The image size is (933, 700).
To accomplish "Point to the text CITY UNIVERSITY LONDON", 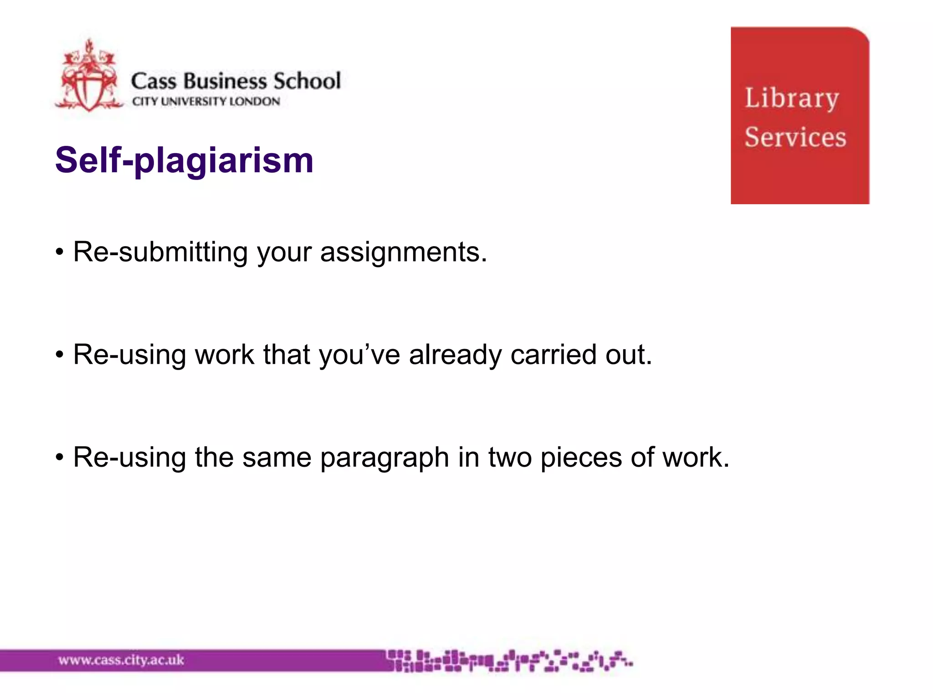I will click(206, 101).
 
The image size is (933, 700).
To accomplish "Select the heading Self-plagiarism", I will click(184, 160).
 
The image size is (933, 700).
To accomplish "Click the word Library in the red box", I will click(791, 98).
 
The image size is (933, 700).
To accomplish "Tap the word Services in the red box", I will click(795, 137).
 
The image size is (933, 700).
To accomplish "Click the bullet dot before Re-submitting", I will click(59, 252).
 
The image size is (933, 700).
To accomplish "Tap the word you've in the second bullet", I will click(359, 355).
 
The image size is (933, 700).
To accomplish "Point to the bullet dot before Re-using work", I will click(59, 355).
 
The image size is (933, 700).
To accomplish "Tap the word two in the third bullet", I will click(510, 458).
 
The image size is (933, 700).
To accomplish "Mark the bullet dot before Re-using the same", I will click(59, 458).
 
